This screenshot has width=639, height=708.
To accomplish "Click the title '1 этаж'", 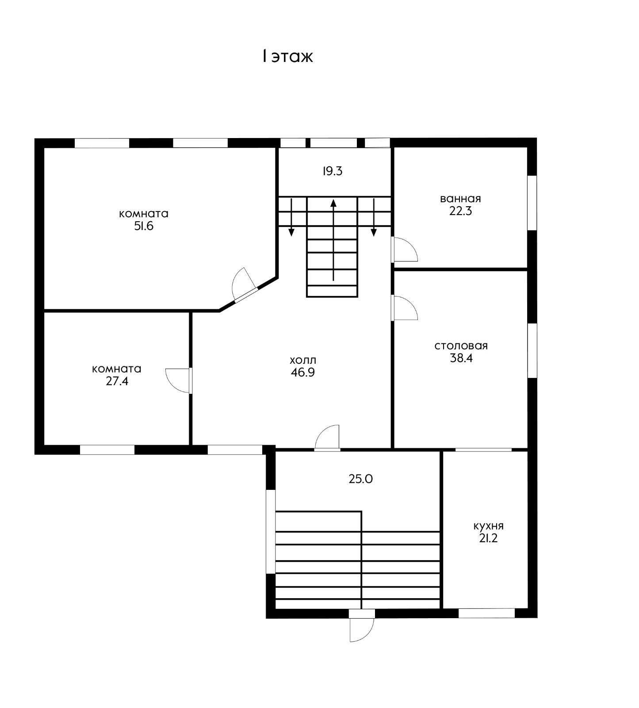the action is point(287,57).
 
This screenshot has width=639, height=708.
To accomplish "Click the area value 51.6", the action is point(144,226).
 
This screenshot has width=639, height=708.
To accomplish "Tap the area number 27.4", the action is point(117,381).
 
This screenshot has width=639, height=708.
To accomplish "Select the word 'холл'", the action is point(303,360).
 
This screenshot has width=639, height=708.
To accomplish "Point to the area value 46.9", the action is point(303,373).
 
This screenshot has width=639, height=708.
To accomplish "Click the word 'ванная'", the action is point(460,198).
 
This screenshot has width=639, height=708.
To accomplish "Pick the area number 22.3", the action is point(461,211).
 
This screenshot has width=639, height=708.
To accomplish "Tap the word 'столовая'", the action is point(461,346).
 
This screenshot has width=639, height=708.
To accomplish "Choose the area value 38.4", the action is point(461,358).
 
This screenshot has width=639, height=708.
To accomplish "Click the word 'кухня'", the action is point(489,526).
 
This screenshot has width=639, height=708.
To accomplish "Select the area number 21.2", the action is point(489,539).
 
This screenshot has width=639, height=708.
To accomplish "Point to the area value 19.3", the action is point(333,171).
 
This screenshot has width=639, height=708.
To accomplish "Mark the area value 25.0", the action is point(361,479).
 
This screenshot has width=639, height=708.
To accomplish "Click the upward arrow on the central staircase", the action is point(333,240).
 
